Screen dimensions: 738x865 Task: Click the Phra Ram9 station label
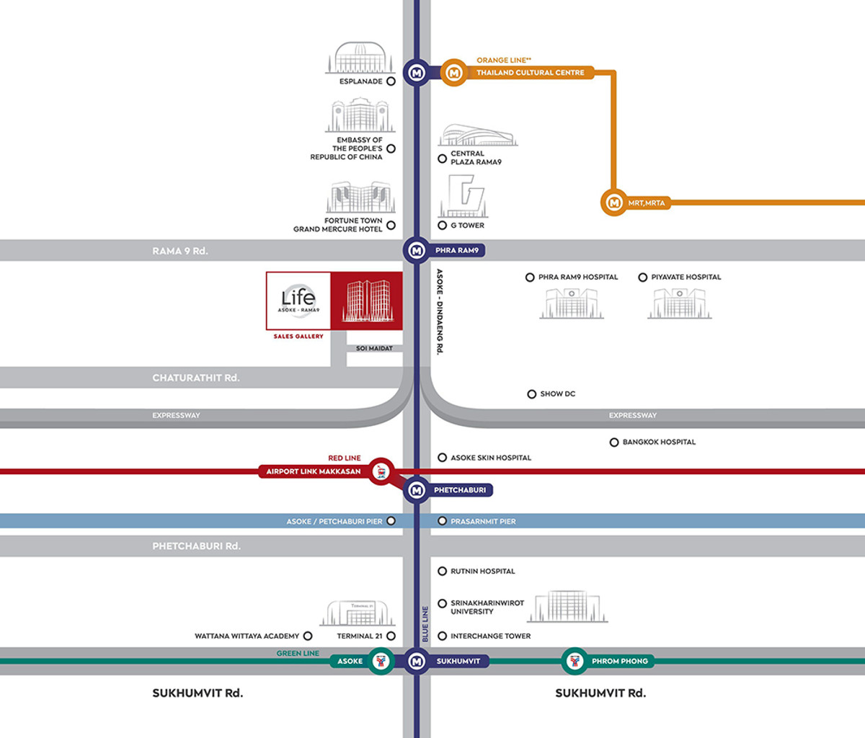coord(456,251)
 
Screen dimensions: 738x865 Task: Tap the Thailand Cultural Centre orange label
coord(530,73)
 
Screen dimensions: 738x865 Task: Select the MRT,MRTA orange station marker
coord(614,203)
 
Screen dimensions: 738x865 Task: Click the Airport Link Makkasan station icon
coord(381,471)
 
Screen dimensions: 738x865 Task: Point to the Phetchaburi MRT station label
coord(459,490)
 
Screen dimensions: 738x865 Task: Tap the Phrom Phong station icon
coord(575,661)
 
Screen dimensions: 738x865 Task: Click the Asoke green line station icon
coord(381,661)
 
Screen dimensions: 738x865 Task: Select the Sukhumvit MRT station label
coord(458,661)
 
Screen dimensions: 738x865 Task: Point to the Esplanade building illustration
coord(360,58)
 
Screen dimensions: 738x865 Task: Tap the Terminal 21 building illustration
coord(358,613)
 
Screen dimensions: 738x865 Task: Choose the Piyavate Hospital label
coord(686,277)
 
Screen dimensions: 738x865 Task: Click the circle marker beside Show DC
coord(531,394)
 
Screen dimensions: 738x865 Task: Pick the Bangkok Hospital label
coord(659,442)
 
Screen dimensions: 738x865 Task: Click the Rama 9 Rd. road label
coord(180,251)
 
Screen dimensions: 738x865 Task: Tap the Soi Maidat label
coord(374,349)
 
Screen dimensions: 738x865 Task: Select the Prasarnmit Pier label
coord(483,521)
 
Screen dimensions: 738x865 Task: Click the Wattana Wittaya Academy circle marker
coord(308,636)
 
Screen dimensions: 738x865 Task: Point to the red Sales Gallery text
coord(298,337)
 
